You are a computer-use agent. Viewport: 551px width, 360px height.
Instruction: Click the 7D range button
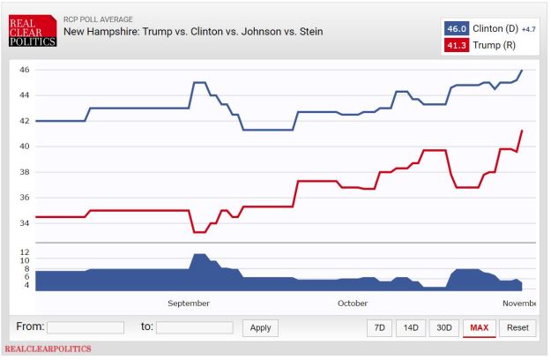click(380, 327)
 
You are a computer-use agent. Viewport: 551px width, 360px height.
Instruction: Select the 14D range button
click(411, 327)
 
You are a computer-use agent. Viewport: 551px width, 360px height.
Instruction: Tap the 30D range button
click(443, 327)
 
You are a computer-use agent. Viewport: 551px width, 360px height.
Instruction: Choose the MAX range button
click(480, 327)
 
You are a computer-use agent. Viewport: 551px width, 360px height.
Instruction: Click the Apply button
click(260, 327)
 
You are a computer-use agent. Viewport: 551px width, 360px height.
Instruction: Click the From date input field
click(86, 327)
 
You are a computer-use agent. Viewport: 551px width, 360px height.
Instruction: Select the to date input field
click(194, 327)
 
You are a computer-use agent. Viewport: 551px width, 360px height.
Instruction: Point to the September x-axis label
click(189, 304)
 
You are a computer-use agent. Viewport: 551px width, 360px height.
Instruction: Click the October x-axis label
click(352, 304)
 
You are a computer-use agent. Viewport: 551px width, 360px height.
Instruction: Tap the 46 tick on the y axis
click(25, 70)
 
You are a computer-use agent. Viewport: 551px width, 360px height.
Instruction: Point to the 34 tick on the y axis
click(25, 223)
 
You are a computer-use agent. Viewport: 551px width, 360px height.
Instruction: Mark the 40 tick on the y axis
click(25, 146)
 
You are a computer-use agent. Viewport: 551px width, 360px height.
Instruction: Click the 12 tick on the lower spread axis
click(25, 251)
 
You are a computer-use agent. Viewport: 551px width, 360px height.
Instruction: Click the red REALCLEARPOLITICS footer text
click(48, 349)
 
